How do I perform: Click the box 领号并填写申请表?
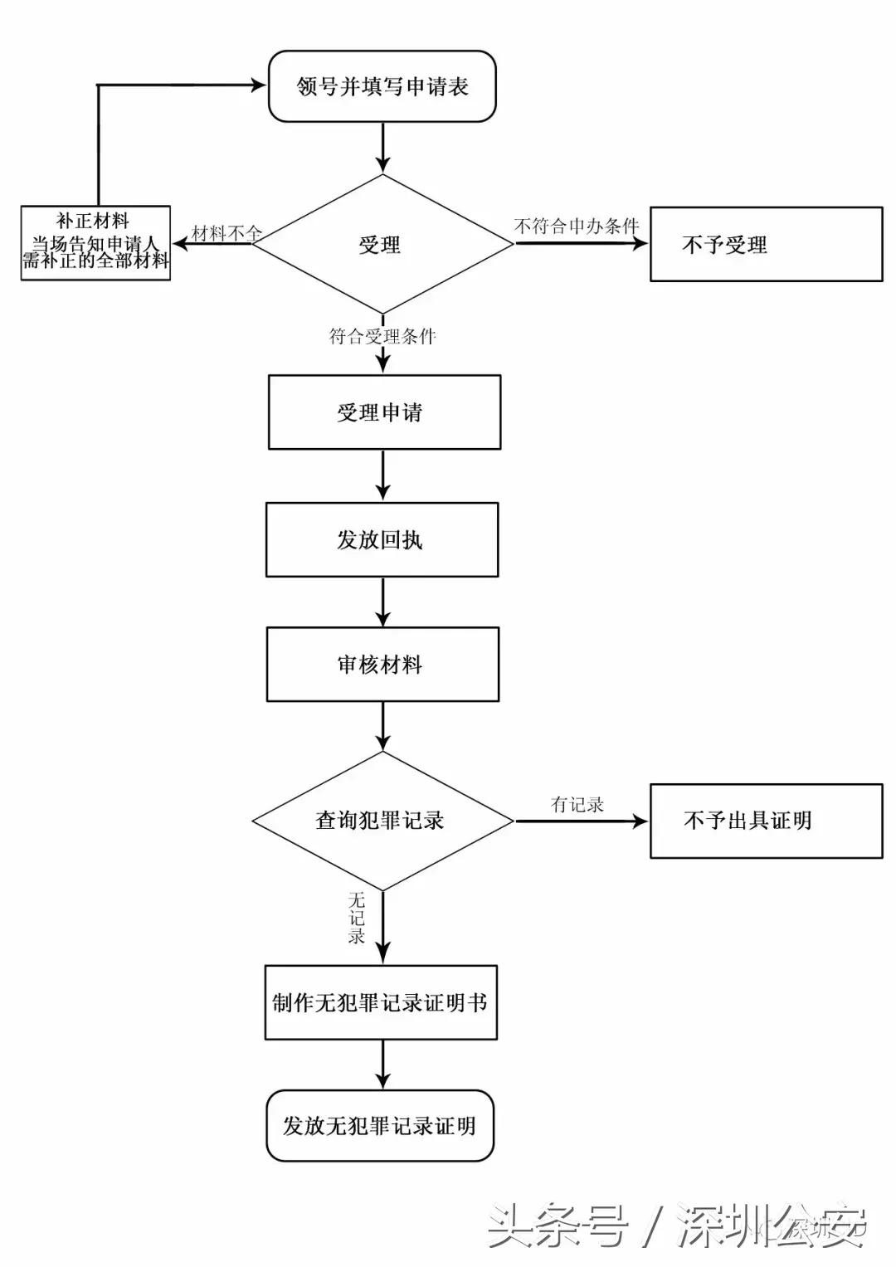point(382,86)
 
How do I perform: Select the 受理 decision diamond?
point(382,244)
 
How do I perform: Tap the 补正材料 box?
point(95,242)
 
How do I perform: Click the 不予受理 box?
point(765,244)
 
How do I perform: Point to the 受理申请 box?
point(383,412)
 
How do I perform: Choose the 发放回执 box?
point(382,539)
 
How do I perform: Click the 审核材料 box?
point(382,664)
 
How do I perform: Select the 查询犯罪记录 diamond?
point(382,821)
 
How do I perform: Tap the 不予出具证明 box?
point(765,821)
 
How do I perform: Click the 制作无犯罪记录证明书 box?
point(380,1002)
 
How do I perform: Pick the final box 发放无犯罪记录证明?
point(380,1126)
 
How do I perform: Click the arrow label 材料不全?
point(226,233)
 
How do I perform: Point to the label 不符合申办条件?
point(577,226)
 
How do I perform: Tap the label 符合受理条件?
point(382,336)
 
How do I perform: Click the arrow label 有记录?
point(577,804)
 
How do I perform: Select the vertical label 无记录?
point(357,918)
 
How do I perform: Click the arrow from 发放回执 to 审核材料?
point(382,602)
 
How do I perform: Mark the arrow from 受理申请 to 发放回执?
point(382,475)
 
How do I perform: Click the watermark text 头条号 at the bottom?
point(557,1226)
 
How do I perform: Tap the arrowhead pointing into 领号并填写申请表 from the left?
point(256,85)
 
